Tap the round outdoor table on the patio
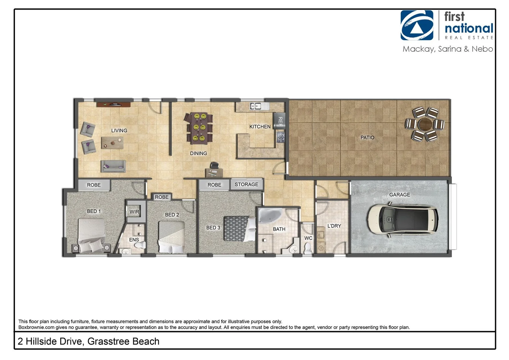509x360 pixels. pyautogui.click(x=425, y=125)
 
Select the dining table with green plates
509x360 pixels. pyautogui.click(x=199, y=128)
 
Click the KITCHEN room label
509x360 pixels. pyautogui.click(x=260, y=127)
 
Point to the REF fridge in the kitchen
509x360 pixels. pyautogui.click(x=280, y=121)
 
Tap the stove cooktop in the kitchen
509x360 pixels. pyautogui.click(x=281, y=137)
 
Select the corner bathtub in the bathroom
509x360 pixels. pyautogui.click(x=270, y=217)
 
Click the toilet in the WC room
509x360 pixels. pyautogui.click(x=308, y=248)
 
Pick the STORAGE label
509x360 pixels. pyautogui.click(x=246, y=184)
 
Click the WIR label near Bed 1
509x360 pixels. pyautogui.click(x=134, y=212)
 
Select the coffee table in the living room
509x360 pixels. pyautogui.click(x=112, y=143)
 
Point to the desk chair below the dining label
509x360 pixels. pyautogui.click(x=214, y=165)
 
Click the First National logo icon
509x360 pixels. pyautogui.click(x=417, y=25)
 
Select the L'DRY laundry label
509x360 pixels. pyautogui.click(x=334, y=226)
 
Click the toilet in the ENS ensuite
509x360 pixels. pyautogui.click(x=140, y=245)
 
